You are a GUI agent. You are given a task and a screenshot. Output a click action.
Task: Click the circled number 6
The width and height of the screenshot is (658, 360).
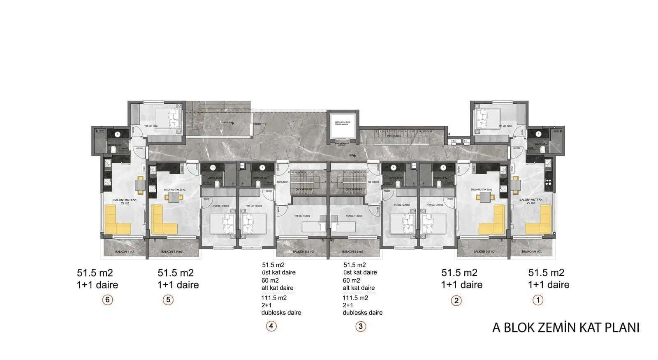pyautogui.click(x=107, y=300)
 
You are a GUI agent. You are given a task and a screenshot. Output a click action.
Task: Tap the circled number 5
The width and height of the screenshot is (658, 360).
pyautogui.click(x=168, y=300)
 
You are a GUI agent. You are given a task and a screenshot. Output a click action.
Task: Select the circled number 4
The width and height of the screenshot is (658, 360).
pyautogui.click(x=271, y=326)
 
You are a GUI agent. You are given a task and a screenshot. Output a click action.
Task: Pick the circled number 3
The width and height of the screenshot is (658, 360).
pyautogui.click(x=360, y=327)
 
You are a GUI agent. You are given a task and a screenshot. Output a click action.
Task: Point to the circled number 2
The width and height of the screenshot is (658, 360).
pyautogui.click(x=456, y=300)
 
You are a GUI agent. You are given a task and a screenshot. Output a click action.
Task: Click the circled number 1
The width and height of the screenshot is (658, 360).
pyautogui.click(x=538, y=300)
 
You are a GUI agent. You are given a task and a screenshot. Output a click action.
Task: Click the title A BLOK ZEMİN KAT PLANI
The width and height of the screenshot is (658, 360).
pyautogui.click(x=565, y=327)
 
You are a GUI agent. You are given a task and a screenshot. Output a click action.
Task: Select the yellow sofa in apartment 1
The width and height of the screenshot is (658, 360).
pyautogui.click(x=540, y=222)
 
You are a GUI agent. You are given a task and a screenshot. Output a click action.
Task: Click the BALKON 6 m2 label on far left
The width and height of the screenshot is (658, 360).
pyautogui.click(x=124, y=252)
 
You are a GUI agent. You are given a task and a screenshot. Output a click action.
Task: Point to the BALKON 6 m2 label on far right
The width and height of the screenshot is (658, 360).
pyautogui.click(x=531, y=252)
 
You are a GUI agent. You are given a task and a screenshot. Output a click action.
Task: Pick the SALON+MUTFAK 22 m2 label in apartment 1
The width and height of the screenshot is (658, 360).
pyautogui.click(x=531, y=201)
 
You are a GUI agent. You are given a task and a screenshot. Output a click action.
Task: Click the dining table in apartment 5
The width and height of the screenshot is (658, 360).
pyautogui.click(x=174, y=197)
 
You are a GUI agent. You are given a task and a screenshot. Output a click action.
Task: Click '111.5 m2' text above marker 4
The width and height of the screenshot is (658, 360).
pyautogui.click(x=274, y=298)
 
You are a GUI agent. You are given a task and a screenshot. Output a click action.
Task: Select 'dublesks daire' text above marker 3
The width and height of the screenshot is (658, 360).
pyautogui.click(x=362, y=313)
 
